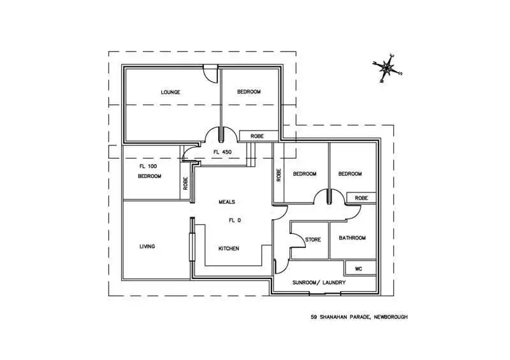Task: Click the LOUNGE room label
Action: click(170, 92)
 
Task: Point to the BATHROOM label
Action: click(352, 238)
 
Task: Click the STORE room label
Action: click(312, 240)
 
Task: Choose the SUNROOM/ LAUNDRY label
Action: click(319, 282)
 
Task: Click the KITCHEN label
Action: click(228, 248)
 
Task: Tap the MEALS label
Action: click(227, 202)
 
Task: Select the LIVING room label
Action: click(147, 247)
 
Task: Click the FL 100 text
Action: click(148, 166)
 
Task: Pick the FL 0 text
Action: click(236, 221)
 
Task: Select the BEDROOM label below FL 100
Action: click(150, 176)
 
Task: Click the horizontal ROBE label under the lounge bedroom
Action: click(257, 136)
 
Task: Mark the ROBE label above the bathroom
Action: click(361, 198)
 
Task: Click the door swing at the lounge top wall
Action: click(209, 73)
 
